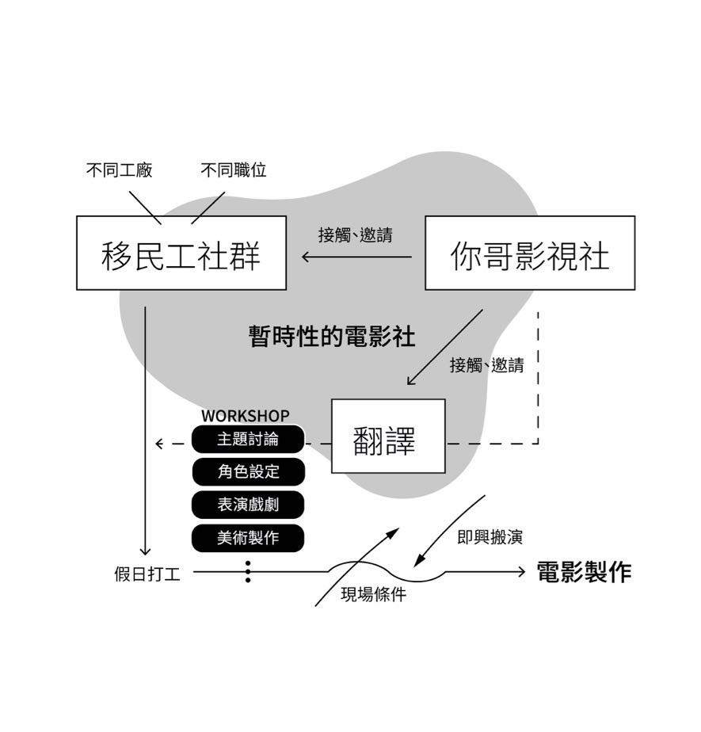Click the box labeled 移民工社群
[181, 253]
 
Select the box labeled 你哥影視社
[530, 253]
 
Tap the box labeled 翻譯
[387, 437]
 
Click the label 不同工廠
[119, 170]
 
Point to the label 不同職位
[233, 170]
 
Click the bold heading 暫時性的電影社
[331, 336]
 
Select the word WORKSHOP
[245, 415]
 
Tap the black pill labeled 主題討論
[248, 439]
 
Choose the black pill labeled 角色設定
[248, 471]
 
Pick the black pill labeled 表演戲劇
[248, 505]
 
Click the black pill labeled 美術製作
[248, 537]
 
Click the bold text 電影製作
[584, 572]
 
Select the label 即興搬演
[490, 537]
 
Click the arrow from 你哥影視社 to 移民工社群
[356, 257]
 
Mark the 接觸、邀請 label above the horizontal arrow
[355, 234]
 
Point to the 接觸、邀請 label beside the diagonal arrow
[486, 365]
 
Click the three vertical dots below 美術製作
[248, 571]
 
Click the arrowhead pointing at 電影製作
[520, 571]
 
